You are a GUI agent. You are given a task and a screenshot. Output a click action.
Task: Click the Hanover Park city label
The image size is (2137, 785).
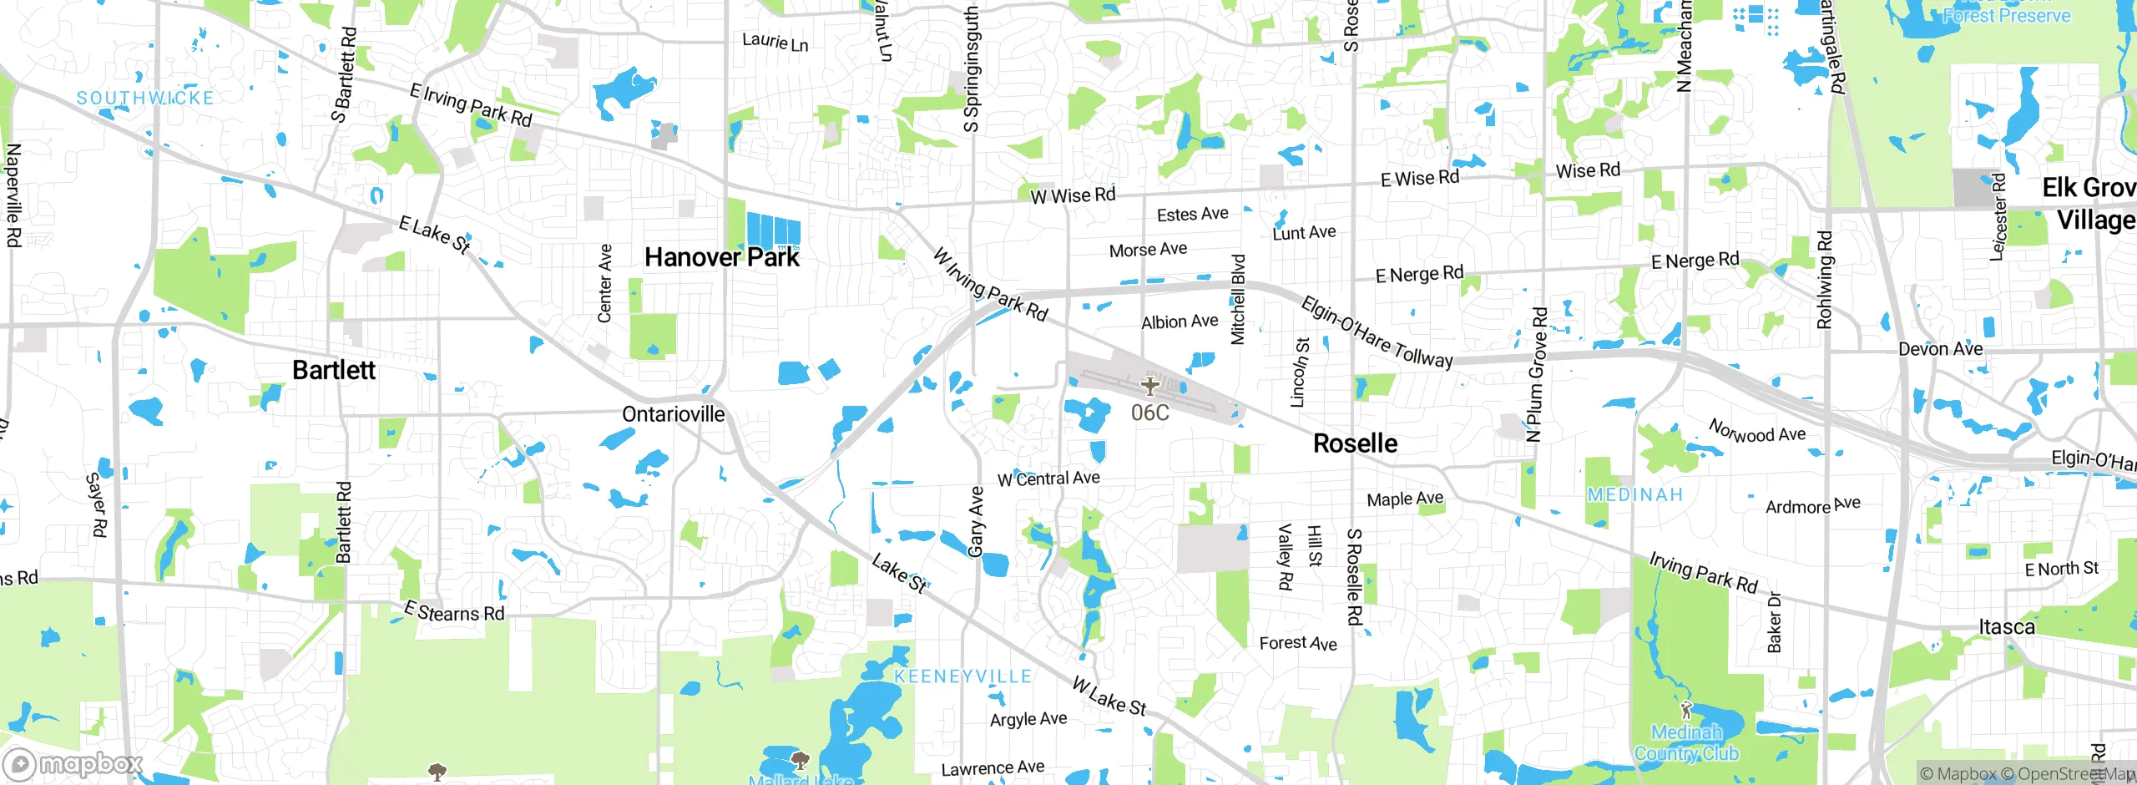tap(721, 257)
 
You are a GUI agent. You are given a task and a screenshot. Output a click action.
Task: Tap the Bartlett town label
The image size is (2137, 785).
tap(334, 370)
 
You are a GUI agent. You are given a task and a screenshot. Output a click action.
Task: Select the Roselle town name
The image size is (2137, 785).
tap(1355, 443)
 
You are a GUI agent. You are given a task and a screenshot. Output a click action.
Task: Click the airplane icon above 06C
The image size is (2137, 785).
tap(1150, 386)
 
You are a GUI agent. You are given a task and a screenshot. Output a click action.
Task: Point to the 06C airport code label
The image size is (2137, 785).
tap(1149, 413)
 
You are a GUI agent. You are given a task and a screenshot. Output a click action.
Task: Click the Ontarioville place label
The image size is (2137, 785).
tap(673, 414)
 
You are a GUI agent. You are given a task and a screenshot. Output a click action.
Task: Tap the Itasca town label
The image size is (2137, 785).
tap(2006, 626)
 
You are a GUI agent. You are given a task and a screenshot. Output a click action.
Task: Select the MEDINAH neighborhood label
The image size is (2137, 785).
tap(1634, 495)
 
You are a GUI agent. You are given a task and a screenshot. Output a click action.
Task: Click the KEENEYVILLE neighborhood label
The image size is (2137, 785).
tap(962, 676)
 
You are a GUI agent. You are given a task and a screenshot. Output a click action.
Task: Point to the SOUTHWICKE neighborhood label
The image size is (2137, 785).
tap(145, 99)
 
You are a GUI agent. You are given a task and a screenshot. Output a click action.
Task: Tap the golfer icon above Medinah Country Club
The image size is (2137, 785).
tap(1685, 711)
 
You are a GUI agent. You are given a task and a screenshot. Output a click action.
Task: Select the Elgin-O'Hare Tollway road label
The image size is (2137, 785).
tap(1377, 332)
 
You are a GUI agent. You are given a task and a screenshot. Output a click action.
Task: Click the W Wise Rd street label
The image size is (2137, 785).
tap(1073, 196)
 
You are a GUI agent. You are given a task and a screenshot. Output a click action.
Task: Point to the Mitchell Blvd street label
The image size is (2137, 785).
tap(1238, 299)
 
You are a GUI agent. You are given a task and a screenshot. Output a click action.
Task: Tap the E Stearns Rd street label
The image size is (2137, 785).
tap(454, 612)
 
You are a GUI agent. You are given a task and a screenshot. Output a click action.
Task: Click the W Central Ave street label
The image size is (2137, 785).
tap(1048, 479)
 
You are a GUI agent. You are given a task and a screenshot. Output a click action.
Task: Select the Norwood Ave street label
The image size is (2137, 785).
tap(1757, 432)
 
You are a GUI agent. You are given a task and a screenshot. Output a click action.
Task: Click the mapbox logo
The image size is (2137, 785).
tap(73, 764)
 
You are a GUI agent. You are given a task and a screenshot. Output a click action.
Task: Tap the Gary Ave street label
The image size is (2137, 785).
tap(976, 521)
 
